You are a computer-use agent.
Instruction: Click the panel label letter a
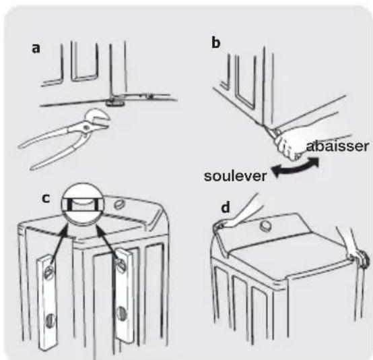(36, 48)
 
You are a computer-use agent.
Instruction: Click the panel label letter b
(216, 43)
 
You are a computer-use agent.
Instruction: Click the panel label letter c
(46, 198)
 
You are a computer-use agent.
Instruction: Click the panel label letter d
(226, 208)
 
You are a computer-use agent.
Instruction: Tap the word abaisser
(338, 146)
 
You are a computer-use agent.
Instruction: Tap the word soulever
(235, 176)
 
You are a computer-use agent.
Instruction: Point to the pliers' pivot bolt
(86, 127)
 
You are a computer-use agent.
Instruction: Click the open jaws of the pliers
(100, 119)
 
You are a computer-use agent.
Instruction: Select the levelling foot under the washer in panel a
(115, 102)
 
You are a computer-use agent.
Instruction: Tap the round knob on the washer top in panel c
(118, 204)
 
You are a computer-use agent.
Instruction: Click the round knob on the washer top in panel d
(264, 226)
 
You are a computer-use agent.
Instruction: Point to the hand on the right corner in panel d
(355, 253)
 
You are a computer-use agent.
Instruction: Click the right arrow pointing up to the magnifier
(108, 243)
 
